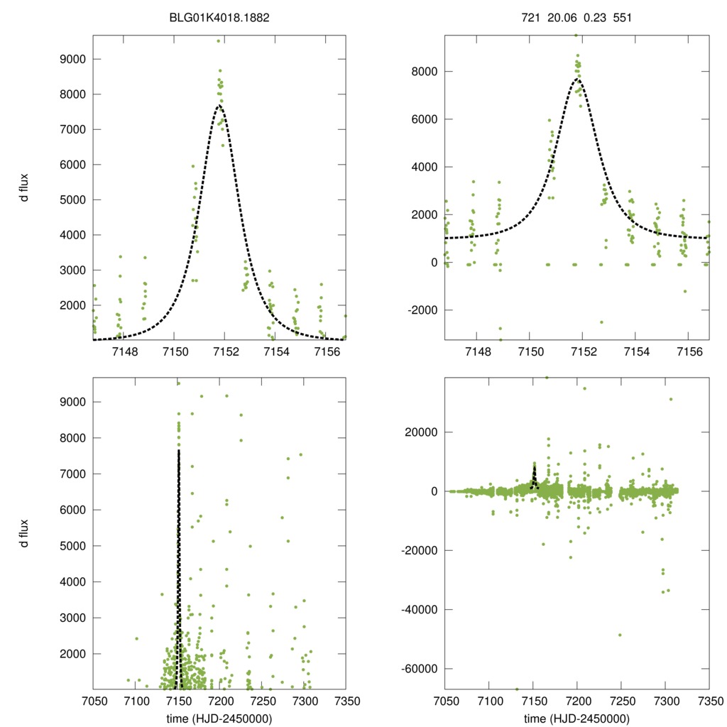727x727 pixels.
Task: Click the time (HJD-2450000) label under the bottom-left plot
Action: click(x=219, y=718)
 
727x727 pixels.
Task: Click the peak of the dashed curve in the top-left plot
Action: click(x=220, y=106)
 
